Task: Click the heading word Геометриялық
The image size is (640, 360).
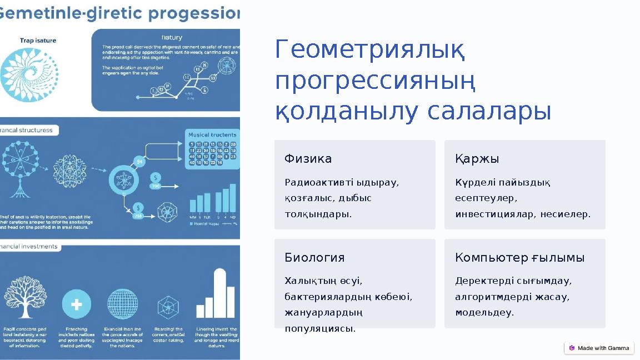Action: click(369, 52)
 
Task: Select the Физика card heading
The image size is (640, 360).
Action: click(308, 159)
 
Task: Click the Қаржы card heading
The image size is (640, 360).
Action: click(477, 159)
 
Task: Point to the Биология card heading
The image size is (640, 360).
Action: click(314, 258)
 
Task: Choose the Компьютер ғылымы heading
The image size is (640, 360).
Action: click(519, 258)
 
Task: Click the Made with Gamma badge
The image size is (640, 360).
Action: click(599, 348)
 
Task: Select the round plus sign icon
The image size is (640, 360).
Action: click(77, 304)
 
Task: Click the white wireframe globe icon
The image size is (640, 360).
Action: click(122, 304)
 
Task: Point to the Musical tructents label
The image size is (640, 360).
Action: click(212, 135)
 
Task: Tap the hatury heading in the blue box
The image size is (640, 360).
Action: click(172, 37)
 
